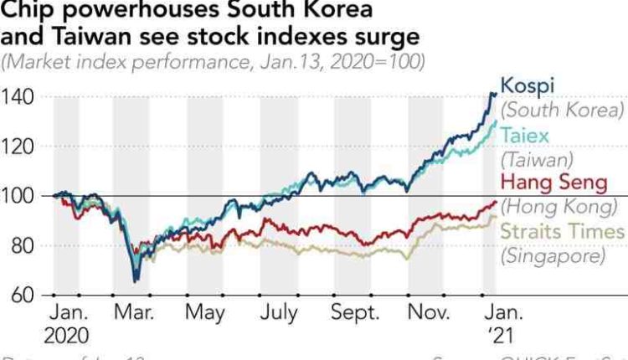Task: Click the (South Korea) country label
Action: click(x=562, y=111)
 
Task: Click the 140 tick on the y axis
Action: click(x=18, y=98)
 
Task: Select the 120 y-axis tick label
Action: click(x=18, y=147)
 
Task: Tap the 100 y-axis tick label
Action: click(x=18, y=197)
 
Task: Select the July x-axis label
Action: click(x=278, y=314)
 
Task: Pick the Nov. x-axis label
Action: click(x=428, y=314)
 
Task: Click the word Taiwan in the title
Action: click(x=85, y=38)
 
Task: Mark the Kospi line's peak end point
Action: click(x=492, y=94)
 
